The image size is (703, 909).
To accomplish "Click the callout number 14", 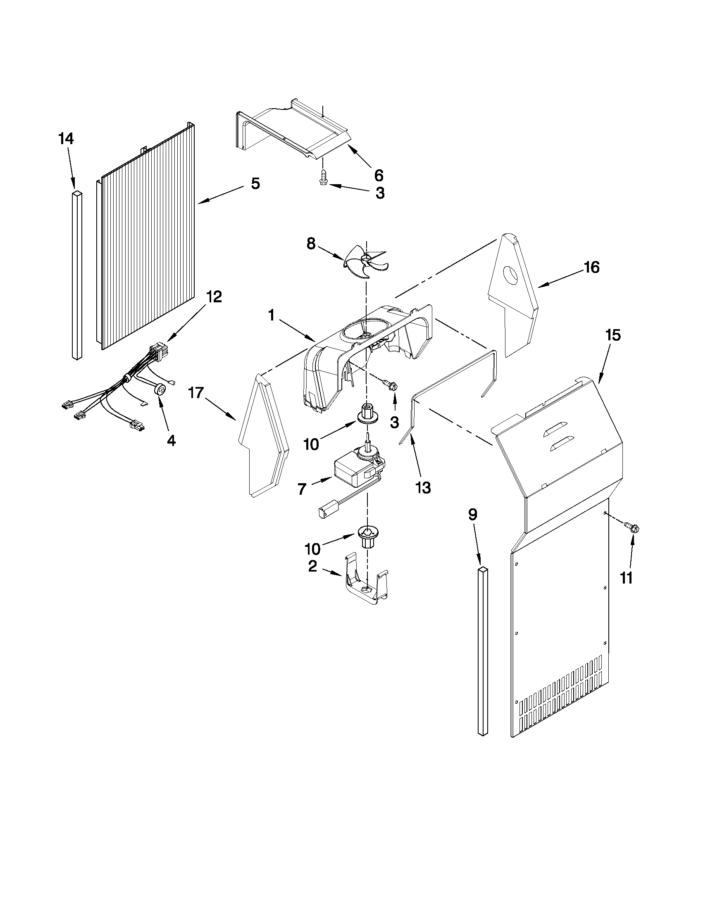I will [x=66, y=139].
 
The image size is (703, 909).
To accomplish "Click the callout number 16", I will [x=591, y=267].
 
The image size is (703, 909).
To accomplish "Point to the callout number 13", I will [x=423, y=487].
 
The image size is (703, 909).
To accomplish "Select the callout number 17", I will [x=196, y=392].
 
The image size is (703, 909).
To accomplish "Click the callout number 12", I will [x=213, y=297].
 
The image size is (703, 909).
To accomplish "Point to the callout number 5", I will [x=255, y=183].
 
